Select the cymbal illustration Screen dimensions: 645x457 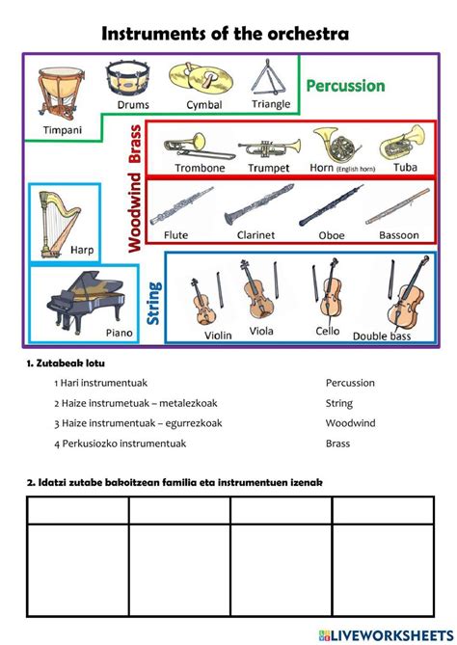197,78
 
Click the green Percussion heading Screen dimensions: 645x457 345,86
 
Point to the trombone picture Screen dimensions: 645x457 198,148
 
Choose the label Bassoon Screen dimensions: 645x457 398,234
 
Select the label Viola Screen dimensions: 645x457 261,331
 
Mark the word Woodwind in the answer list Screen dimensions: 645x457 350,423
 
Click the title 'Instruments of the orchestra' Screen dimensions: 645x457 225,35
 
